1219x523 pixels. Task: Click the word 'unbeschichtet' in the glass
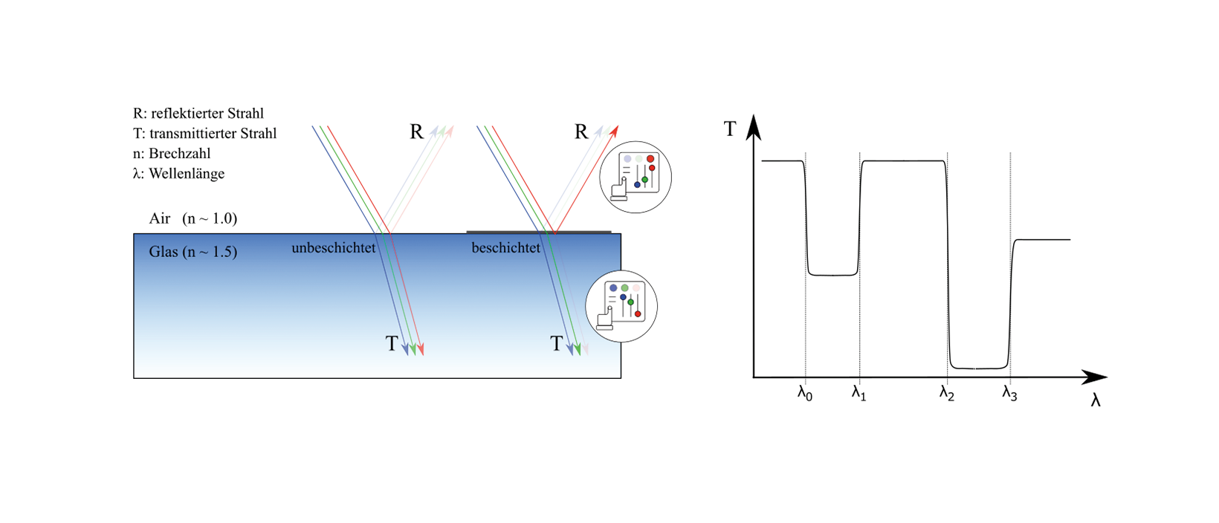(x=334, y=248)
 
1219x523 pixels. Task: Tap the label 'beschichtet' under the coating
(x=505, y=248)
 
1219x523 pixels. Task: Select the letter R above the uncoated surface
(x=417, y=132)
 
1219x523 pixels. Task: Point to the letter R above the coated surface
(x=581, y=132)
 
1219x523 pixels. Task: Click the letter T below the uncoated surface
(x=392, y=344)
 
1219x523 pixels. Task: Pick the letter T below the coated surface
(x=556, y=344)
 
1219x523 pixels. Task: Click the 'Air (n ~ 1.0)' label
(x=193, y=218)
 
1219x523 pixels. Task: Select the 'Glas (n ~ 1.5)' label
(x=193, y=252)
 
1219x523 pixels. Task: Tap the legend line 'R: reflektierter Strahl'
(x=198, y=114)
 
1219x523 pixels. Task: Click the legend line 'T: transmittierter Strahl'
(x=205, y=134)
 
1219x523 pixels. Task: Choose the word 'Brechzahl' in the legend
(x=179, y=154)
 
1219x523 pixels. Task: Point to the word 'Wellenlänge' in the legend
(x=186, y=174)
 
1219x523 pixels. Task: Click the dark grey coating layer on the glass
(x=538, y=231)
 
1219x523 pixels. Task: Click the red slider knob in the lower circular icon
(x=638, y=314)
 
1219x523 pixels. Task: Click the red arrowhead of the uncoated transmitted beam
(x=421, y=349)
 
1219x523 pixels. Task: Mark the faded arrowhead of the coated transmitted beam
(x=586, y=349)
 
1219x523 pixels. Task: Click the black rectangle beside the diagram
(x=916, y=260)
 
